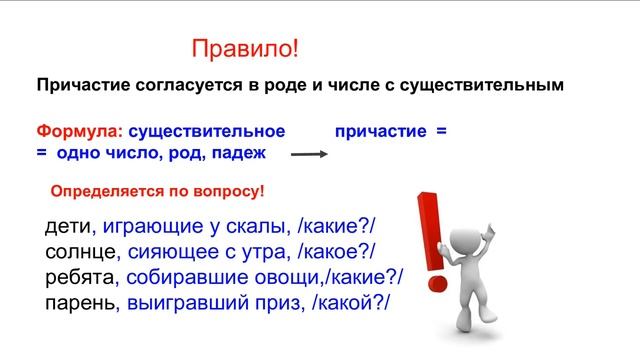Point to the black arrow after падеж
click(309, 154)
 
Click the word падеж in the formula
click(240, 151)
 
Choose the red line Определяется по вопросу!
click(157, 190)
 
